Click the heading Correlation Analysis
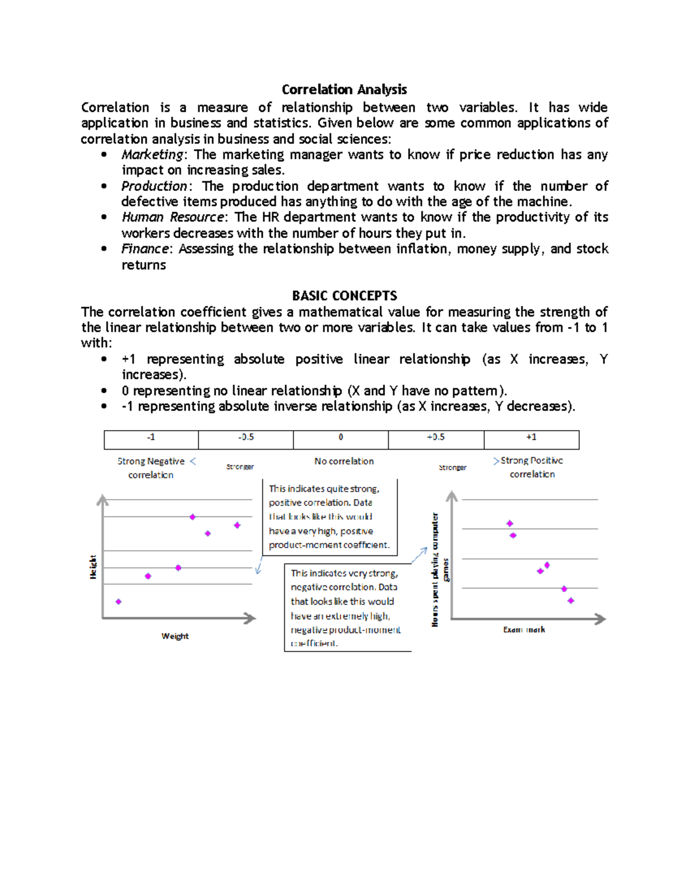(344, 90)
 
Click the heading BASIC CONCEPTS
(344, 296)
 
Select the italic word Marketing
(152, 155)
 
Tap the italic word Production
(154, 186)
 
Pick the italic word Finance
(145, 249)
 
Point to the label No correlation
(344, 461)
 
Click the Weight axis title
(175, 636)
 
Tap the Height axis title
(93, 567)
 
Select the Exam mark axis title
(524, 630)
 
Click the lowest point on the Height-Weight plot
(118, 601)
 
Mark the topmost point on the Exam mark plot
(509, 523)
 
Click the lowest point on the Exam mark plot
(570, 600)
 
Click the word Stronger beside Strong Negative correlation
(240, 467)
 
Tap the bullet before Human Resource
(103, 217)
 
